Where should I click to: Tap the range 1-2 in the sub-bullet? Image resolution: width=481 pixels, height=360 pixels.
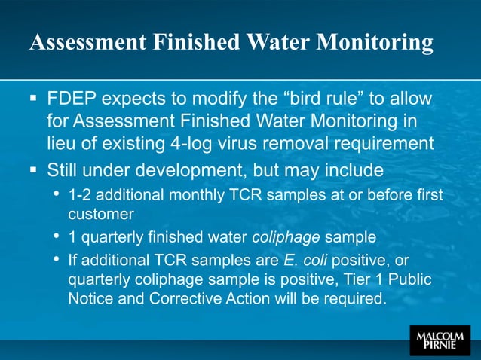pos(81,195)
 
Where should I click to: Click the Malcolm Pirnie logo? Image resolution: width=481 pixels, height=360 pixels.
pos(440,340)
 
